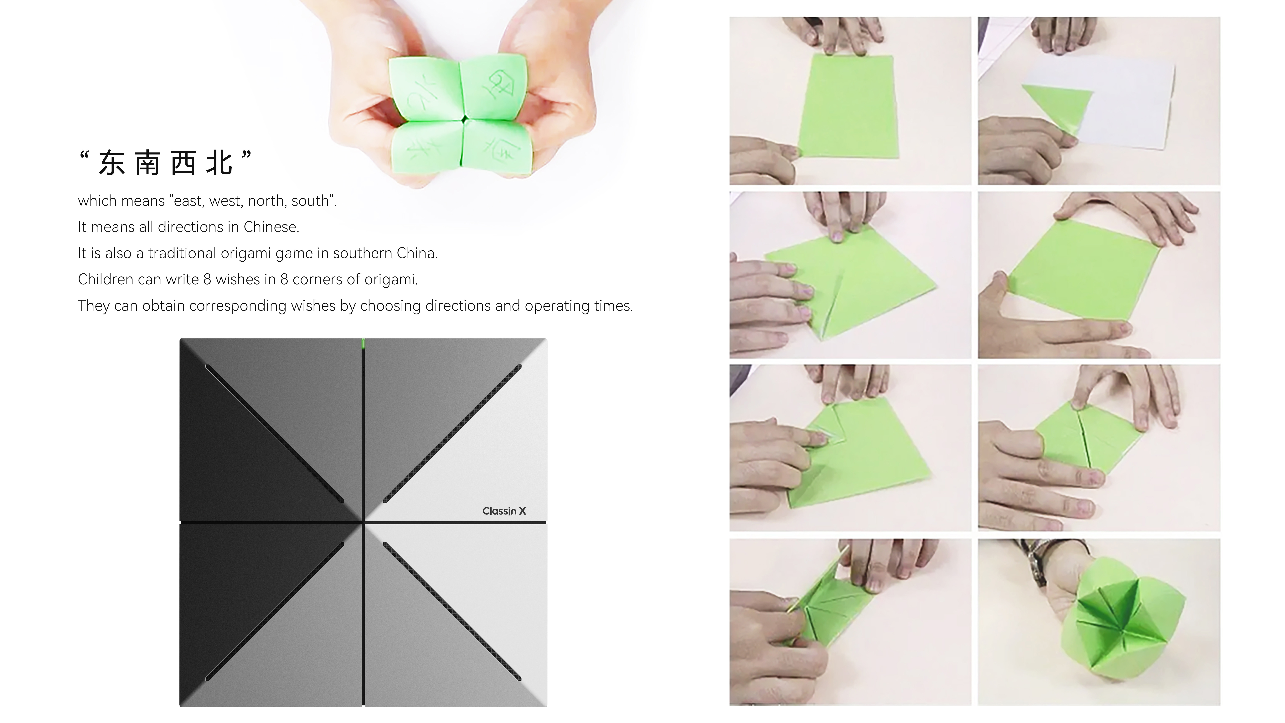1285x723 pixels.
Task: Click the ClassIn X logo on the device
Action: tap(504, 511)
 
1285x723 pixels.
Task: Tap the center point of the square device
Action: tap(363, 522)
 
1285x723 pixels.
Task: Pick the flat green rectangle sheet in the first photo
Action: tap(848, 107)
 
